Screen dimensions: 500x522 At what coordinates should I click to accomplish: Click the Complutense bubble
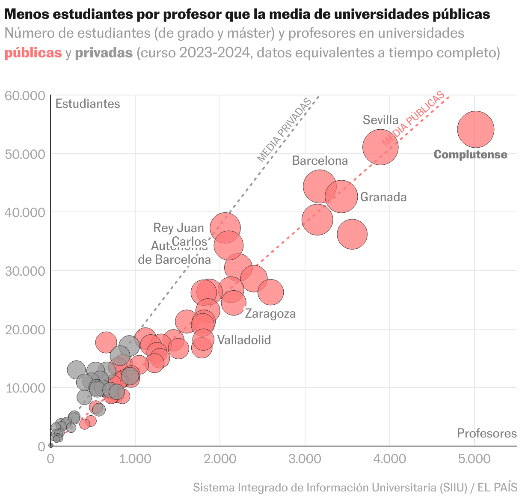pos(475,129)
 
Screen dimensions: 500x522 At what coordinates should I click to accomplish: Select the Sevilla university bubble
pos(380,147)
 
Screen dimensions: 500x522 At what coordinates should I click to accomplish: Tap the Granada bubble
pos(341,196)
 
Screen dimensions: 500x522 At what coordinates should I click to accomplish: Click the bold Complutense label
pos(470,155)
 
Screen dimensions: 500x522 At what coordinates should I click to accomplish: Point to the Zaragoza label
pos(270,314)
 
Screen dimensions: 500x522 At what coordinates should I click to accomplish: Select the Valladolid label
pos(244,340)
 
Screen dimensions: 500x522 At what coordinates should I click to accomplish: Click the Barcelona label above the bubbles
pos(320,161)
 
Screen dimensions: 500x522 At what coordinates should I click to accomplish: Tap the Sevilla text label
pos(380,120)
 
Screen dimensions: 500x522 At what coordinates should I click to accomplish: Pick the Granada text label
pos(383,197)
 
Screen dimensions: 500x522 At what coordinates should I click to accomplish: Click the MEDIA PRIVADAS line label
pos(284,130)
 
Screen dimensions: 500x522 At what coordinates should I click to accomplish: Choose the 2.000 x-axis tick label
pos(220,459)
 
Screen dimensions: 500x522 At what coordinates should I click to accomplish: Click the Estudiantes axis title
pos(88,104)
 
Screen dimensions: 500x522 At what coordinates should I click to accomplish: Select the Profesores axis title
pos(486,434)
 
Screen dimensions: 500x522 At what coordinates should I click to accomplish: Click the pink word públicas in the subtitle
pos(33,53)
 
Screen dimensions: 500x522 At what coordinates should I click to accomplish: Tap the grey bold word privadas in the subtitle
pos(104,53)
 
